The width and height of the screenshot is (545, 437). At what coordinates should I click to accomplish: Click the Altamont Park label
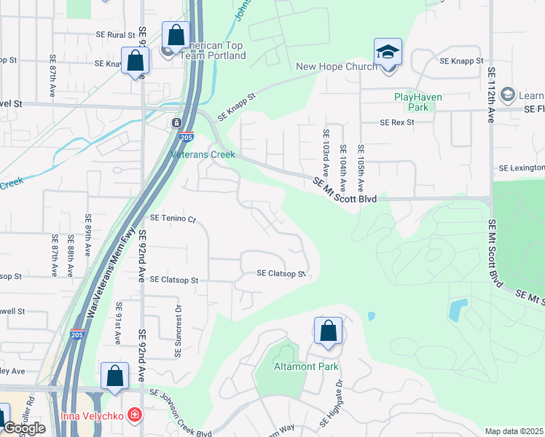point(306,366)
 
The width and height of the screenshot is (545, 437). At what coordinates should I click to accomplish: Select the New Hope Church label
point(337,67)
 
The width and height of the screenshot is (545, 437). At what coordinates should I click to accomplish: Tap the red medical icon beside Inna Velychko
point(134,416)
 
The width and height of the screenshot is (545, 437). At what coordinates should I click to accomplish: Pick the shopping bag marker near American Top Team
point(176,35)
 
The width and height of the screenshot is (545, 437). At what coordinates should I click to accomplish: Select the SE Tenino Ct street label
point(173,219)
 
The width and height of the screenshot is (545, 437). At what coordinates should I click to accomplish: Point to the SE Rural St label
point(116,35)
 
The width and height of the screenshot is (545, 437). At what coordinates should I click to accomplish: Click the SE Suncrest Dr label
point(178,331)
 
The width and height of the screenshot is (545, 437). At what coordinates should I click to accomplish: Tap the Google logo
point(24,429)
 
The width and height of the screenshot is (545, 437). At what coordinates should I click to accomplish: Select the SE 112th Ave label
point(492,95)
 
